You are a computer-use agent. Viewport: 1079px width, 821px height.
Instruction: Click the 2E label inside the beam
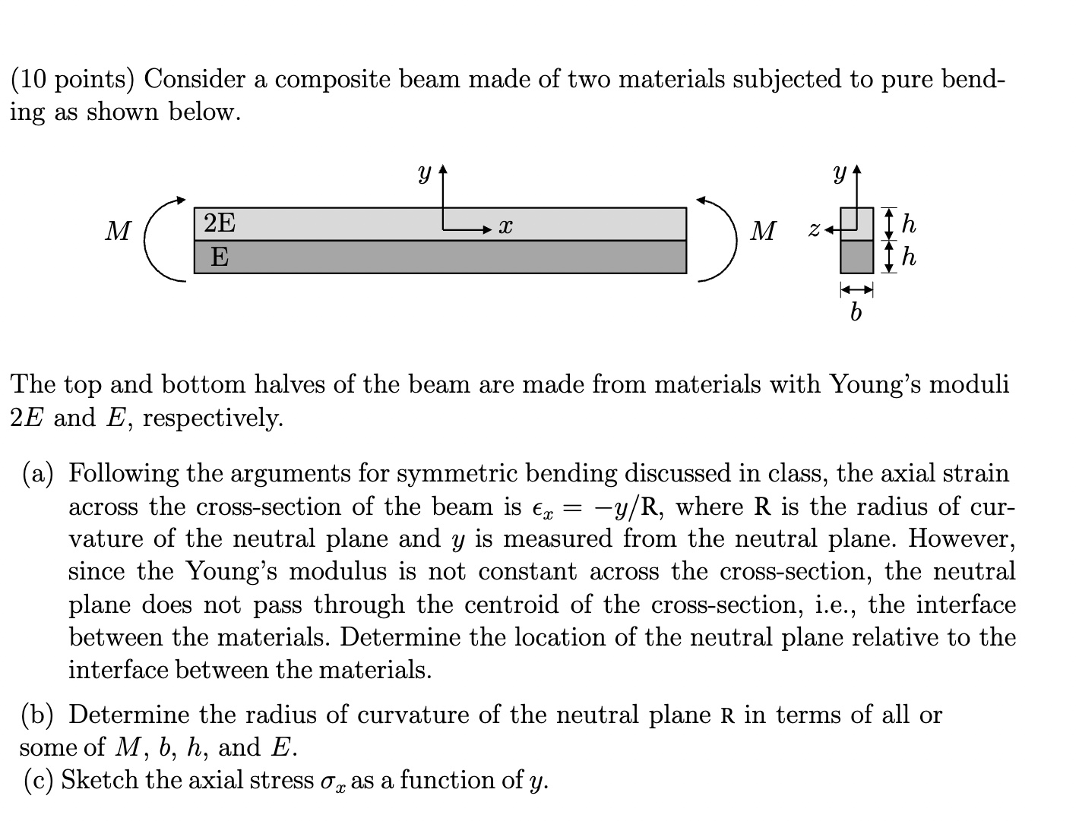pos(220,223)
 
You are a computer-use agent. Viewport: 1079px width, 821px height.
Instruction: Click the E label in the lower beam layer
pos(219,257)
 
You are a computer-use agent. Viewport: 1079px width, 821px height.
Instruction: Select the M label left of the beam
pos(118,231)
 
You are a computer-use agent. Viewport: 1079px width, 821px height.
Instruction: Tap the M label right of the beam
pos(763,231)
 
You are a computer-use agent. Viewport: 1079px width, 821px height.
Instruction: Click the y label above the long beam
pos(424,174)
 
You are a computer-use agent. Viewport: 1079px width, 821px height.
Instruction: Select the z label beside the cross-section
pos(813,228)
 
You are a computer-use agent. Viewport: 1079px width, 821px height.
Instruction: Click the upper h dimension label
pos(909,224)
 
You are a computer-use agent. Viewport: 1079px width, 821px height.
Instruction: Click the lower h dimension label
pos(909,257)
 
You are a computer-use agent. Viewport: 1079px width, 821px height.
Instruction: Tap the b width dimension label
pos(856,312)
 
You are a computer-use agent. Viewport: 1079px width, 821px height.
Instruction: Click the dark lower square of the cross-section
pos(856,257)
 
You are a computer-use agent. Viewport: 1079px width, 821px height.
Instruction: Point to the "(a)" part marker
pos(38,474)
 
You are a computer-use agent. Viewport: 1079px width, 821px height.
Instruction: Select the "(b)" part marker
pos(37,715)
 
